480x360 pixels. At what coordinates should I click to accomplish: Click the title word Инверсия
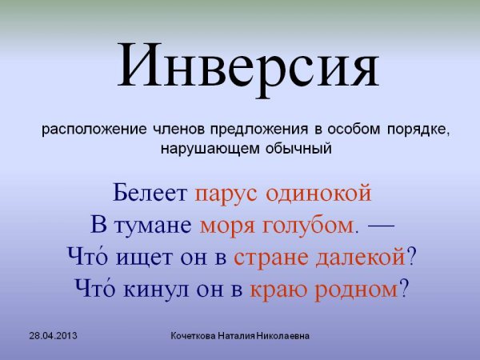click(x=248, y=66)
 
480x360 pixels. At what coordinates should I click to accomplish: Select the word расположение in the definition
click(x=94, y=130)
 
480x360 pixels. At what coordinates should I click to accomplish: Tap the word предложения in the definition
click(x=259, y=130)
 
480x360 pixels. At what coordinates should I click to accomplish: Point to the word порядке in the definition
click(x=418, y=130)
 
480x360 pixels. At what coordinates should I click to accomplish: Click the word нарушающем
click(x=210, y=149)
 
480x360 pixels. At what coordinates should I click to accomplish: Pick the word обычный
click(x=298, y=149)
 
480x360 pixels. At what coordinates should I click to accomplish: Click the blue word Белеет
click(x=150, y=193)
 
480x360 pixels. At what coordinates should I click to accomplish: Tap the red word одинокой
click(x=318, y=193)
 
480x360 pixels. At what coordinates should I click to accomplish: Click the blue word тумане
click(x=153, y=226)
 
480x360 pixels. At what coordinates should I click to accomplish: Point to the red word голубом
click(x=308, y=226)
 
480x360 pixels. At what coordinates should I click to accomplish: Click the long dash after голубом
click(x=381, y=226)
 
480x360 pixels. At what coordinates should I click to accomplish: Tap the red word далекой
click(x=361, y=257)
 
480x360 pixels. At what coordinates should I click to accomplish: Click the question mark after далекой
click(x=411, y=256)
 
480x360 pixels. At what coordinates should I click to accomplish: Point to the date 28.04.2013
click(x=54, y=336)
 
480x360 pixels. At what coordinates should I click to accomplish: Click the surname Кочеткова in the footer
click(x=193, y=336)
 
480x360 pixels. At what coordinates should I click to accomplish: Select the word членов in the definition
click(x=178, y=130)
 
